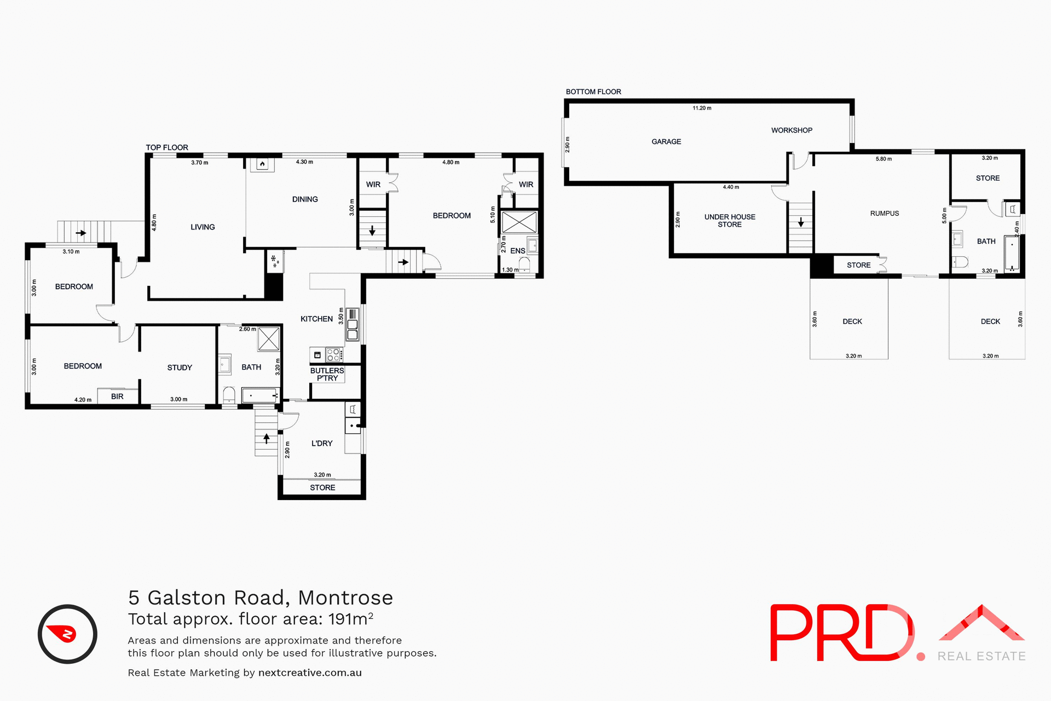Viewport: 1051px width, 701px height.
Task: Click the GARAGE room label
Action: tap(666, 142)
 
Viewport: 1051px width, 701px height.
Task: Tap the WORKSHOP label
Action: tap(792, 130)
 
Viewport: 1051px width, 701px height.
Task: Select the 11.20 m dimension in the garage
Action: tap(702, 108)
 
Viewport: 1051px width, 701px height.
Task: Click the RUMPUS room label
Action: tap(885, 214)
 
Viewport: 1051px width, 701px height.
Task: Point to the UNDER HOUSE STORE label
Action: tap(730, 221)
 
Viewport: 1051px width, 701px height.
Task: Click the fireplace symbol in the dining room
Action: tap(262, 164)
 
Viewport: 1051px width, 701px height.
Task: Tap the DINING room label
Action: tap(305, 199)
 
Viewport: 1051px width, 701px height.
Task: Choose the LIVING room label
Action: tap(203, 227)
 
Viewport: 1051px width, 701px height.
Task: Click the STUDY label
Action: tap(180, 367)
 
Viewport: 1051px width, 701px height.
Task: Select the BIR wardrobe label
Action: tap(117, 397)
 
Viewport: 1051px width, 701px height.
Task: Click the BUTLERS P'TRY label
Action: tap(327, 375)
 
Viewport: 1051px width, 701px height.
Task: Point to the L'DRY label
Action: tap(322, 444)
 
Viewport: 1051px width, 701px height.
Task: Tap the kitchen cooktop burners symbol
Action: tap(333, 355)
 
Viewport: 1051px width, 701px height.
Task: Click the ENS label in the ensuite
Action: tap(517, 251)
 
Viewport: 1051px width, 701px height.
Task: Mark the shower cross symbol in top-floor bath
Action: tap(268, 339)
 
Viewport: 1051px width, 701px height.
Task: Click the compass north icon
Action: tap(67, 634)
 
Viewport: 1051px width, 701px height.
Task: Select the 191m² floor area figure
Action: tap(351, 619)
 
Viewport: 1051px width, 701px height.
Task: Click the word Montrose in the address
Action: tap(345, 598)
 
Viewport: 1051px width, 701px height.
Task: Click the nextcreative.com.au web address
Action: tap(310, 673)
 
